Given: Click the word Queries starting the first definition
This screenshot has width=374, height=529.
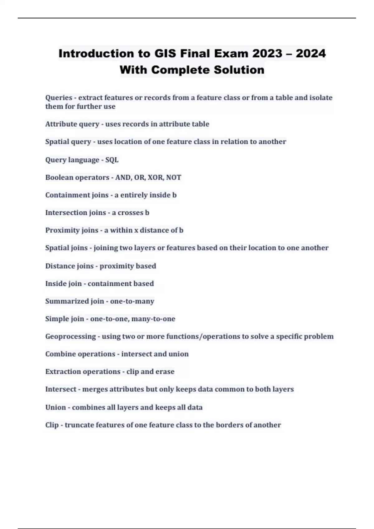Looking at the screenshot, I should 59,98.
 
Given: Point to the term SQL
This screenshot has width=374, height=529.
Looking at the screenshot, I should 112,160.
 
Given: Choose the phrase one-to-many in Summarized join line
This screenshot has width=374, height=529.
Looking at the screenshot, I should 132,301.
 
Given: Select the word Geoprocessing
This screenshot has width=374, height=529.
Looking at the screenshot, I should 70,336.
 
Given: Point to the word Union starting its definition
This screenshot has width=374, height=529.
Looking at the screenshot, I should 55,407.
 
